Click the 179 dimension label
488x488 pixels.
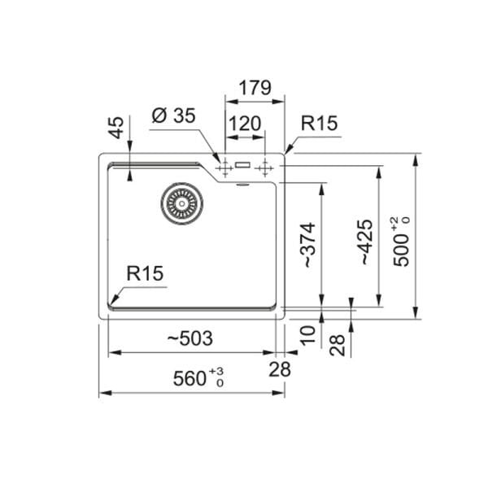[255, 88]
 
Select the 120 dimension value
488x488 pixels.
[245, 124]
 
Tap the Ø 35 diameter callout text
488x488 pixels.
[174, 115]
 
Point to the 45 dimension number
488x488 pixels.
[115, 128]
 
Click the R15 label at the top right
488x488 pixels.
[320, 123]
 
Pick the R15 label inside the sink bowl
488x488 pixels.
[145, 273]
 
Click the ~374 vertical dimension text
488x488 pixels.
[308, 245]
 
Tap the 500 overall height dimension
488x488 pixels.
[401, 242]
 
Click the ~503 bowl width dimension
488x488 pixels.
[190, 338]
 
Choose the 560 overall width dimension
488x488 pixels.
[198, 377]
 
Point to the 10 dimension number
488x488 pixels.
[308, 335]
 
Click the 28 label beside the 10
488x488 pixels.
[338, 345]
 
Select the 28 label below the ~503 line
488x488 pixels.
[280, 369]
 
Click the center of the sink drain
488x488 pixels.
[181, 203]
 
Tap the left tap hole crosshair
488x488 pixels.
[224, 168]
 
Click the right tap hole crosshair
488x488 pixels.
[264, 168]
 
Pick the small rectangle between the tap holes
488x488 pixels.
[242, 164]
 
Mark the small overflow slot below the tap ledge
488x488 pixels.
[242, 185]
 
